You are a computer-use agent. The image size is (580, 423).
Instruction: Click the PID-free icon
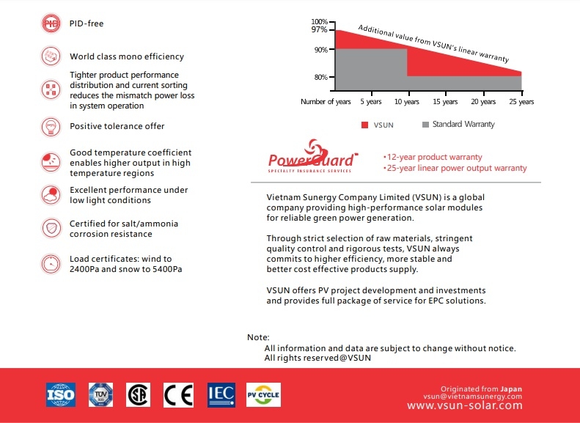(x=51, y=23)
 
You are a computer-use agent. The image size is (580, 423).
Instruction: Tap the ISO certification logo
(x=61, y=394)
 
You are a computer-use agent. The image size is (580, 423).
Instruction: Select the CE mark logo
(x=178, y=395)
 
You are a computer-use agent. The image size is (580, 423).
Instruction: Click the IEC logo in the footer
(x=221, y=394)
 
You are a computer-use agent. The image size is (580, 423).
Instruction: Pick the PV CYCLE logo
(x=263, y=394)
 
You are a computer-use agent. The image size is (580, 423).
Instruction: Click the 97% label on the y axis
(x=319, y=30)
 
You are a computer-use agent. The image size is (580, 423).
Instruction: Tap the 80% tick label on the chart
(x=320, y=77)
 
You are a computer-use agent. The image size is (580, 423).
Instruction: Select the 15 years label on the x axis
(x=446, y=102)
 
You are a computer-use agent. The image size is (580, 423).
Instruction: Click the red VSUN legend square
(x=364, y=125)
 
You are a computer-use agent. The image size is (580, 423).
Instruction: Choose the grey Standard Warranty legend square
(x=425, y=125)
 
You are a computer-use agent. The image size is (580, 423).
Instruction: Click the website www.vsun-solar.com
(x=464, y=405)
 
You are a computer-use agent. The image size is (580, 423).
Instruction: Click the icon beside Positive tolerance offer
(x=51, y=126)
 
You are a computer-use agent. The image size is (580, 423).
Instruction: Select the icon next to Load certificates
(x=51, y=264)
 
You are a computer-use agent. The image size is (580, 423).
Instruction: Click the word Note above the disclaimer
(x=258, y=337)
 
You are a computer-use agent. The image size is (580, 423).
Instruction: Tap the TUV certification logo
(x=100, y=394)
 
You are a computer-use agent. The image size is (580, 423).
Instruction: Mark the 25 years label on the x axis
(x=521, y=102)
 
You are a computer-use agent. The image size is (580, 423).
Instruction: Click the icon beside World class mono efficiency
(x=51, y=56)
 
